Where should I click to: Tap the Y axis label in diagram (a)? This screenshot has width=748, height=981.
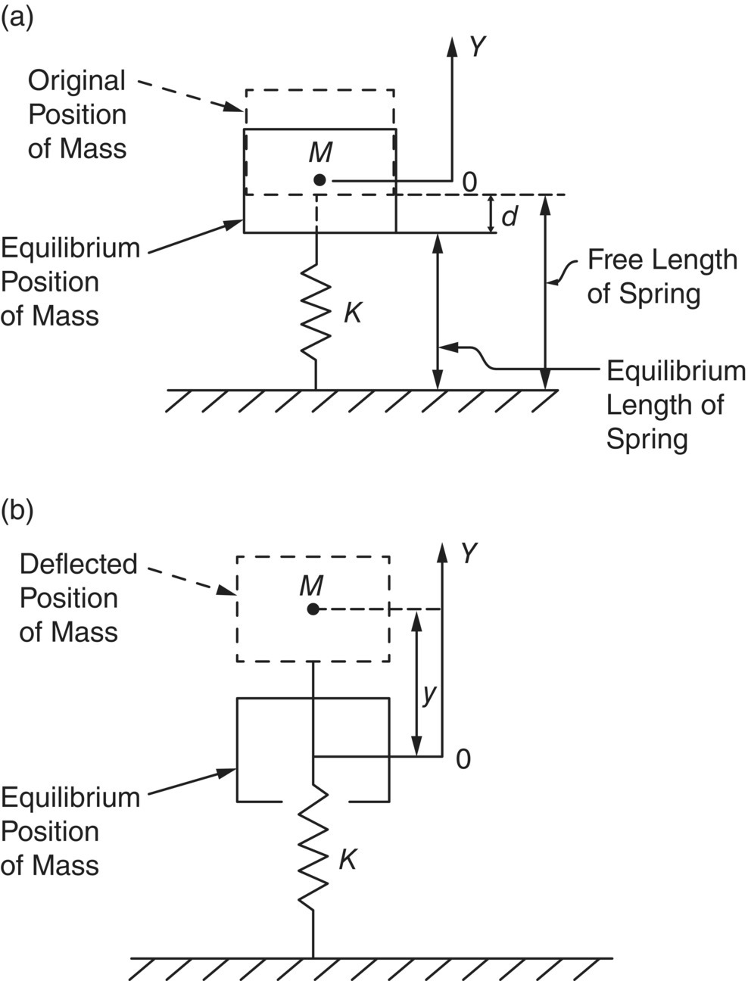[476, 47]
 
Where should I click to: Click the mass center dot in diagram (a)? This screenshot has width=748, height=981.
[320, 180]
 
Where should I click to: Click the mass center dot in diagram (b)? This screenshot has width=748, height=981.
[312, 609]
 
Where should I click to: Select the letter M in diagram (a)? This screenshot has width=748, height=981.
[321, 153]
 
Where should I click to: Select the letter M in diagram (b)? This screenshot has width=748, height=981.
[311, 584]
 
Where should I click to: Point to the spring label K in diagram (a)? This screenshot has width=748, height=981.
[352, 312]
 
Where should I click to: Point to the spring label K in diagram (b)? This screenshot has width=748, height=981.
[347, 859]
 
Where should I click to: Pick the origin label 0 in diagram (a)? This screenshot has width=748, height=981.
[469, 182]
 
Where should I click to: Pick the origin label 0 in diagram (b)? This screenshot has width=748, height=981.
[463, 758]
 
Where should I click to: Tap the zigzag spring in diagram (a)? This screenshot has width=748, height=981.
[316, 310]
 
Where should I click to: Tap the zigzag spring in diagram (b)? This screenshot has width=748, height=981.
[312, 848]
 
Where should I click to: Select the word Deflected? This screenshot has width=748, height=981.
[79, 564]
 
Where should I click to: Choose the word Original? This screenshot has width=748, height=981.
[76, 81]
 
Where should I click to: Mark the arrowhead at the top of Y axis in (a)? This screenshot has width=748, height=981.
[452, 45]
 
